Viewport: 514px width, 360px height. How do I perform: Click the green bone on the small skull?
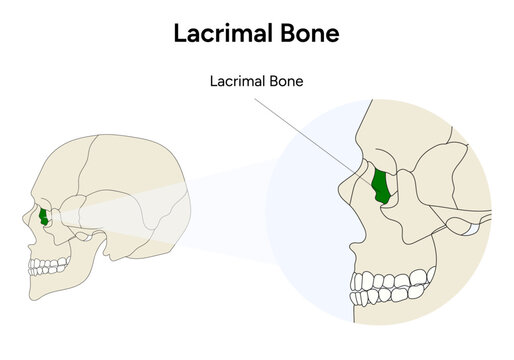(44, 216)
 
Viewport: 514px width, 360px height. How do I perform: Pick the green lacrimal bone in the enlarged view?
(380, 186)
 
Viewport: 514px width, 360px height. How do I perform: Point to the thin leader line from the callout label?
(310, 124)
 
